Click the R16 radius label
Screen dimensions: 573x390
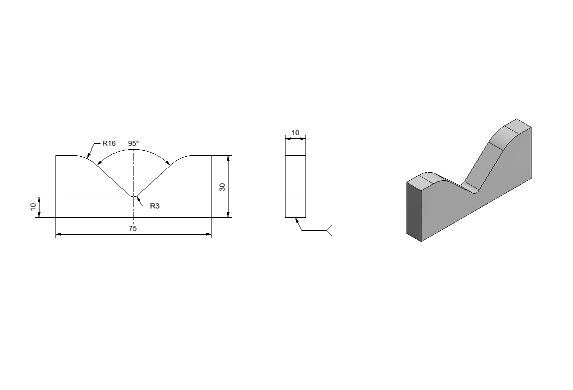coord(109,143)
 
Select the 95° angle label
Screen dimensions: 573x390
coord(133,143)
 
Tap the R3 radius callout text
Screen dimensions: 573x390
coord(154,206)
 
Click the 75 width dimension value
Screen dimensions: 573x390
coord(132,228)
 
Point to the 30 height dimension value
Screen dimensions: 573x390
coord(222,187)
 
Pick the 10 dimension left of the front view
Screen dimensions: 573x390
coord(33,207)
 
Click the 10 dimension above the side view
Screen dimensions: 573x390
coord(295,133)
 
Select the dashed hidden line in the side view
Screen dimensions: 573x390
coord(295,197)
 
